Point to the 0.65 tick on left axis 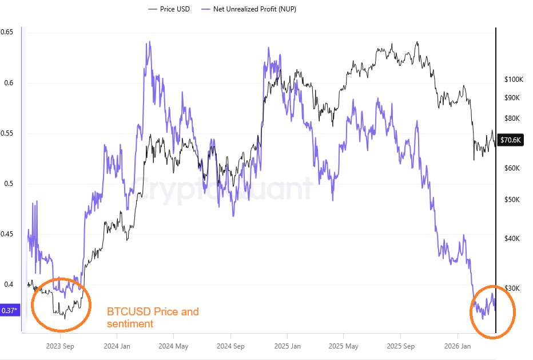(7, 32)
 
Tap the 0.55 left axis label (7, 133)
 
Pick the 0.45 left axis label (7, 234)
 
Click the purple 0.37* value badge (9, 310)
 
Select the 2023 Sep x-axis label (60, 346)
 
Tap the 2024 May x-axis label (174, 346)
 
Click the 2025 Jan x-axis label (287, 346)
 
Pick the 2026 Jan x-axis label (458, 346)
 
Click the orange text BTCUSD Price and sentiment (153, 318)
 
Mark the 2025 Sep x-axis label (401, 346)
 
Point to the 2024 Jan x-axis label (117, 346)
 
